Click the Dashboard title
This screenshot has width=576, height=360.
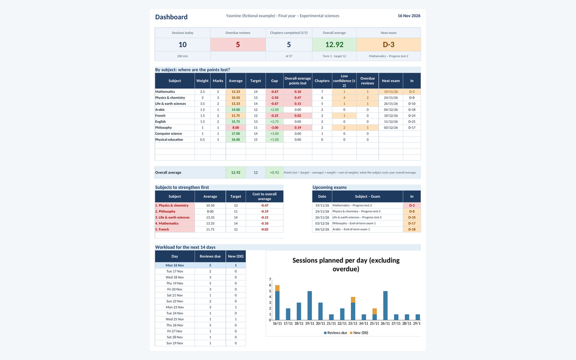point(171,17)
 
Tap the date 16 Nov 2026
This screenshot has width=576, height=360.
point(409,16)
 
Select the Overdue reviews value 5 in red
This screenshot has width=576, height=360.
point(238,45)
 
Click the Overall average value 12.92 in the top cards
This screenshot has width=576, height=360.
point(334,45)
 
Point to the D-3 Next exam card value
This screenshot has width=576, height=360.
point(388,45)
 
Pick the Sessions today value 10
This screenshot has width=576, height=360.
point(182,45)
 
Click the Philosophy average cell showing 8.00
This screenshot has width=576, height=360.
point(236,128)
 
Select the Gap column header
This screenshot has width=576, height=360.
point(275,81)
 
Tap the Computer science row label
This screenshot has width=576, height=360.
point(168,133)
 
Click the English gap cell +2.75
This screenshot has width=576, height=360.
point(275,121)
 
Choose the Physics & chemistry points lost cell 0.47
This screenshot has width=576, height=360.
point(298,98)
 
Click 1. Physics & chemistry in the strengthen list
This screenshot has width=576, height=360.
point(172,205)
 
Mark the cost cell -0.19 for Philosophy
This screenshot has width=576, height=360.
point(264,211)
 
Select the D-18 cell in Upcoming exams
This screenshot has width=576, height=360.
point(412,229)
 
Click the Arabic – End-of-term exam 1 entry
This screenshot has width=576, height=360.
point(351,229)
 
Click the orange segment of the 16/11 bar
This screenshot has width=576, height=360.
point(277,288)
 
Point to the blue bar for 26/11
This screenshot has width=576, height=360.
point(385,305)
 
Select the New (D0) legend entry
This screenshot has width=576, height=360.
point(359,333)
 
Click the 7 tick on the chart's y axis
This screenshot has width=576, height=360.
point(270,279)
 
